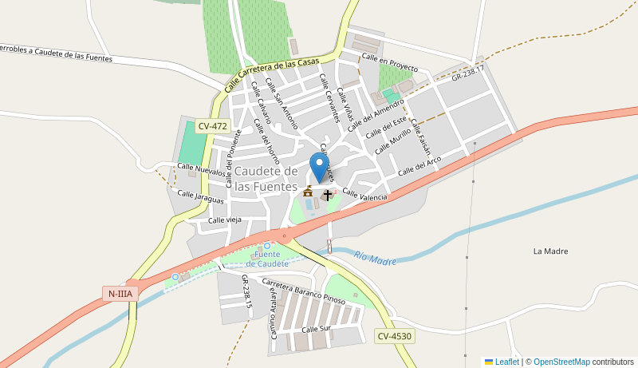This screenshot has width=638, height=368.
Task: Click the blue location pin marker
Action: [x=320, y=167]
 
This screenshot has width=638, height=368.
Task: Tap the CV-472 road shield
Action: [x=213, y=126]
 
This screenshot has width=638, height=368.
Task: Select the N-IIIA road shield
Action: [x=120, y=294]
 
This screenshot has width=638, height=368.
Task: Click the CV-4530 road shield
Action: [x=395, y=336]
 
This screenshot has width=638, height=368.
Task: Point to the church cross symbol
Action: [x=327, y=194]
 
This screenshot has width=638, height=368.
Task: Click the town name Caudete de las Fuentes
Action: [x=266, y=178]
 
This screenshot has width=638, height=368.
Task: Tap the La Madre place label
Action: [x=550, y=251]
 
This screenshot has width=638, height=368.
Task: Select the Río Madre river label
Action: [x=375, y=259]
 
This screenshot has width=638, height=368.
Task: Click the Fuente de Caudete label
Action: [x=267, y=259]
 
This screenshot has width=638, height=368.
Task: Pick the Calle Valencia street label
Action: [x=364, y=194]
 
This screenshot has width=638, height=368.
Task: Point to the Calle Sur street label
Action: [x=316, y=329]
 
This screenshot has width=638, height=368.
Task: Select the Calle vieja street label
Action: [x=224, y=220]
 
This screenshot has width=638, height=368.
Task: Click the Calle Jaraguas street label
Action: [x=200, y=196]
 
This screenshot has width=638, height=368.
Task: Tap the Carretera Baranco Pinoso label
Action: [x=303, y=293]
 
